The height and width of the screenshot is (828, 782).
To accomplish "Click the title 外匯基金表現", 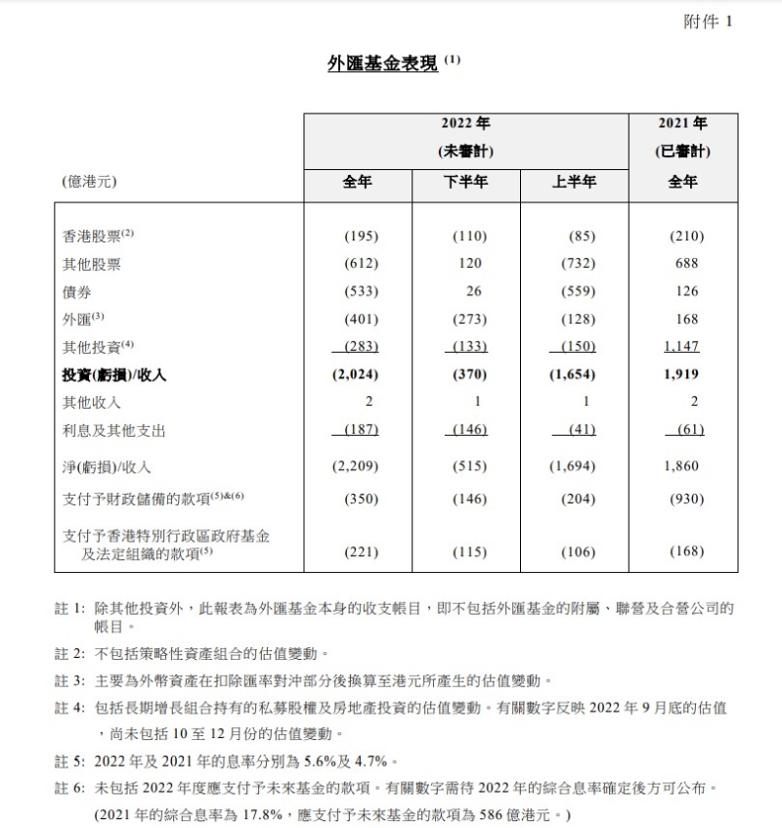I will pyautogui.click(x=382, y=64).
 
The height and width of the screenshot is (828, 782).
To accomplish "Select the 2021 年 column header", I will pyautogui.click(x=682, y=124).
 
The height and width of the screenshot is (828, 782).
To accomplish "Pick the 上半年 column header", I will pyautogui.click(x=574, y=182).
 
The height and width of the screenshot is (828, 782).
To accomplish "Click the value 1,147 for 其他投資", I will pyautogui.click(x=682, y=346).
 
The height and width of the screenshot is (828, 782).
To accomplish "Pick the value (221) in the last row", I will pyautogui.click(x=359, y=551).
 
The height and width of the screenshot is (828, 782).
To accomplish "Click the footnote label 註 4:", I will pyautogui.click(x=69, y=706).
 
